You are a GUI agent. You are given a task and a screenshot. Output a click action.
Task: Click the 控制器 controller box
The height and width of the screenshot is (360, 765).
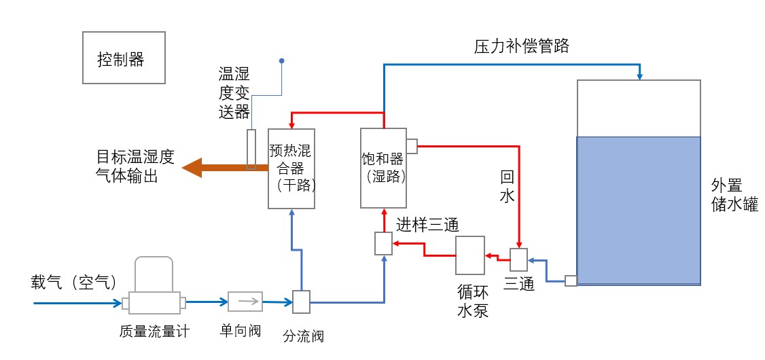(124, 58)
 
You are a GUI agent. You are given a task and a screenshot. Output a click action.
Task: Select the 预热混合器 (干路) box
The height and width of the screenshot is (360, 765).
(291, 168)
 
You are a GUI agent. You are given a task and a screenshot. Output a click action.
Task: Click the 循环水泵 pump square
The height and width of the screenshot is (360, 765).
(469, 255)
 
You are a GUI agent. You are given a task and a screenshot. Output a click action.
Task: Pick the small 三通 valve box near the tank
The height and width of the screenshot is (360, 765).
(519, 259)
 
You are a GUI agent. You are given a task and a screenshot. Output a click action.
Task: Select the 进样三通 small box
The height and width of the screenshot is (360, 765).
(384, 244)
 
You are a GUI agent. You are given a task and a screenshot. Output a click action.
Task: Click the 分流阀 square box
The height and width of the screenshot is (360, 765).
(301, 302)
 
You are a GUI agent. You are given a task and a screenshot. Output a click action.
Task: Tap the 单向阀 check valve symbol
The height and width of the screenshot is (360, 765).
(244, 300)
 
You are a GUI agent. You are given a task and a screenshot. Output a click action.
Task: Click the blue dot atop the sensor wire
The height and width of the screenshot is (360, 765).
(282, 61)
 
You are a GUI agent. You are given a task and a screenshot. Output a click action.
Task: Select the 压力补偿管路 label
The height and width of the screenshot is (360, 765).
(521, 47)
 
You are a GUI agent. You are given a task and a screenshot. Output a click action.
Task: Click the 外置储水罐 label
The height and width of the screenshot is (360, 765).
(734, 195)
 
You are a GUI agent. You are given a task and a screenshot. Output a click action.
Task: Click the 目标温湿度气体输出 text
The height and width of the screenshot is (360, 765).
(135, 167)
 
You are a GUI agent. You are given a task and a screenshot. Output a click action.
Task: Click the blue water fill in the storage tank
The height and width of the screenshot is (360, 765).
(638, 210)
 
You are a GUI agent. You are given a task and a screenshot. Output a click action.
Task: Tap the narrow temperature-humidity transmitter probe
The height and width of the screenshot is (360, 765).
(252, 149)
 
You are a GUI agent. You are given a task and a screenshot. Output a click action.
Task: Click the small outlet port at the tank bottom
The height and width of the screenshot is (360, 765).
(571, 281)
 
